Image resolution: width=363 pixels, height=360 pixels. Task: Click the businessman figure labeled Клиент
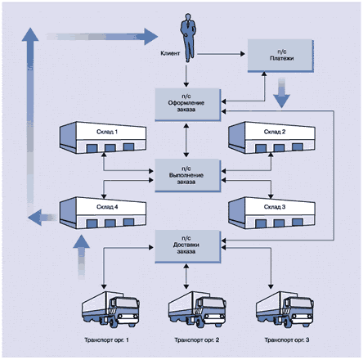pos(188,38)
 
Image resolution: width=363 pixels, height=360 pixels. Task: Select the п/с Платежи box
pos(280,56)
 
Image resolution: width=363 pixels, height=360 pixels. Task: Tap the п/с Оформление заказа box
pos(188,105)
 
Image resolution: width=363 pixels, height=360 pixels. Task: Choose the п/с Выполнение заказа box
pos(188,175)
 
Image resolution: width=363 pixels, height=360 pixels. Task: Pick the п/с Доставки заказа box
pos(188,246)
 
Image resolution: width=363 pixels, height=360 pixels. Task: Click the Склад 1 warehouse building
pos(103,137)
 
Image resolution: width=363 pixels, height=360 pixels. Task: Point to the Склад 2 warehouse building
pos(271,137)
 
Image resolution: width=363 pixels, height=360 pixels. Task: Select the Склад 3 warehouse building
pos(271,213)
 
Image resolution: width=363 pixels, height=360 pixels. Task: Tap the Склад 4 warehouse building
pos(103,213)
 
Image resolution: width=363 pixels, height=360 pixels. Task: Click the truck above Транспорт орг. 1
pos(110,309)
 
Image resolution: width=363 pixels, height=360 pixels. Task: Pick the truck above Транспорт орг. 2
pos(197,309)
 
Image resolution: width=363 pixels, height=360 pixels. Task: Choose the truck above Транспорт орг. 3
pos(285,309)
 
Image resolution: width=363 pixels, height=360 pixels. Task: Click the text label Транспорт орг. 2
pos(197,340)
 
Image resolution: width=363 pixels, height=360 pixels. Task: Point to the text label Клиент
pos(170,53)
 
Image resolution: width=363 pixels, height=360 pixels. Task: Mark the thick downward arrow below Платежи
pos(281,93)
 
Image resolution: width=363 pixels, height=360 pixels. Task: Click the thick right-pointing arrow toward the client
pos(102,37)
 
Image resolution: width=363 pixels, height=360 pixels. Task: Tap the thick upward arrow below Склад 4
pos(81,257)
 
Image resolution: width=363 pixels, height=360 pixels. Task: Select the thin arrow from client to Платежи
pos(221,54)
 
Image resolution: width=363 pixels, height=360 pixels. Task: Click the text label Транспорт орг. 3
pos(287,340)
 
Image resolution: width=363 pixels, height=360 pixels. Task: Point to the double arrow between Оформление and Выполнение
pos(186,140)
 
